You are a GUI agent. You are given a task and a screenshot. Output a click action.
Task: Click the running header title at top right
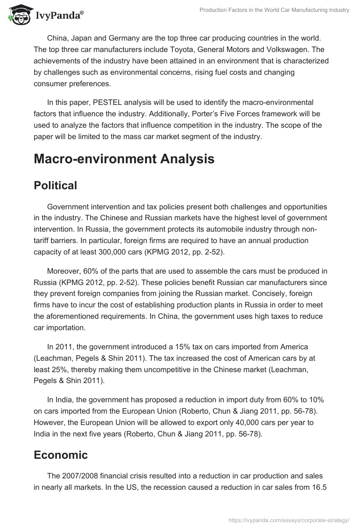pos(274,10)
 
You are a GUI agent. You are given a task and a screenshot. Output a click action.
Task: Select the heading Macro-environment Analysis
pos(124,159)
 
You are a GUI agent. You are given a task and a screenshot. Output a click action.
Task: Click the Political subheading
pos(55,185)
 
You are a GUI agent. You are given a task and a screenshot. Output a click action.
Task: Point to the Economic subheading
pos(61,455)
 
